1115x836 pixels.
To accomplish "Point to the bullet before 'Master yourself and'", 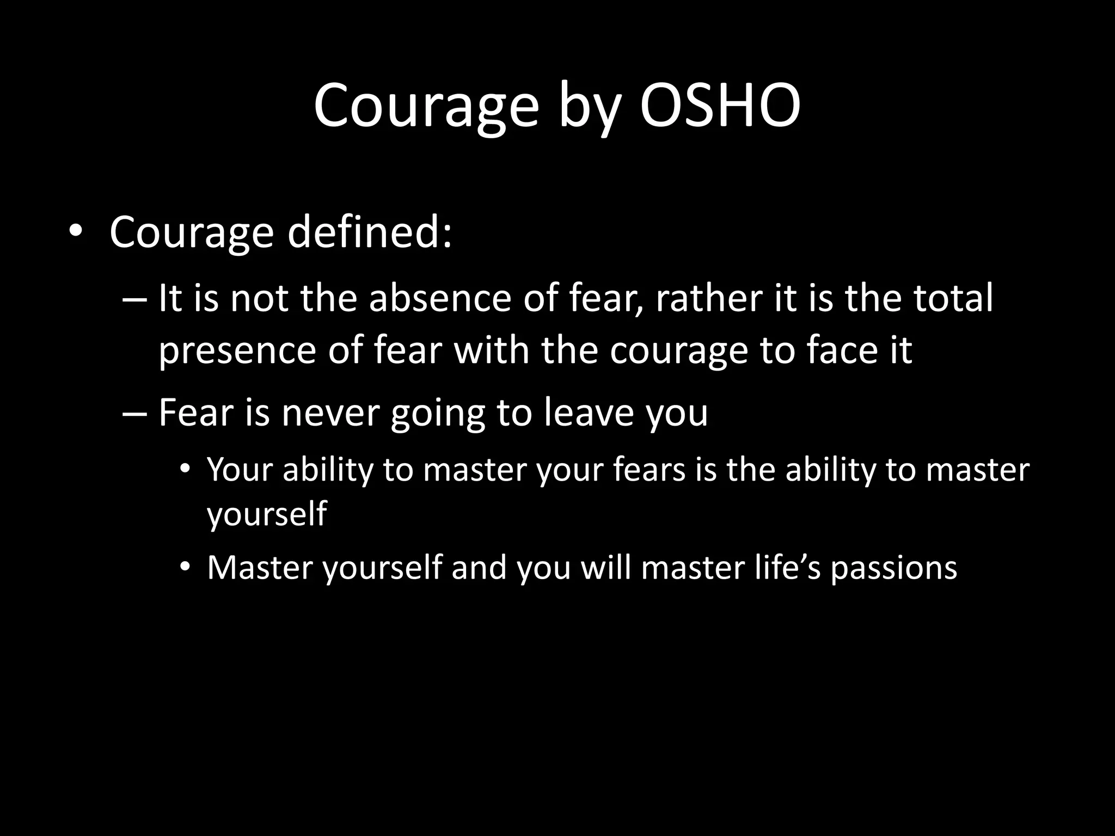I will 185,568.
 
